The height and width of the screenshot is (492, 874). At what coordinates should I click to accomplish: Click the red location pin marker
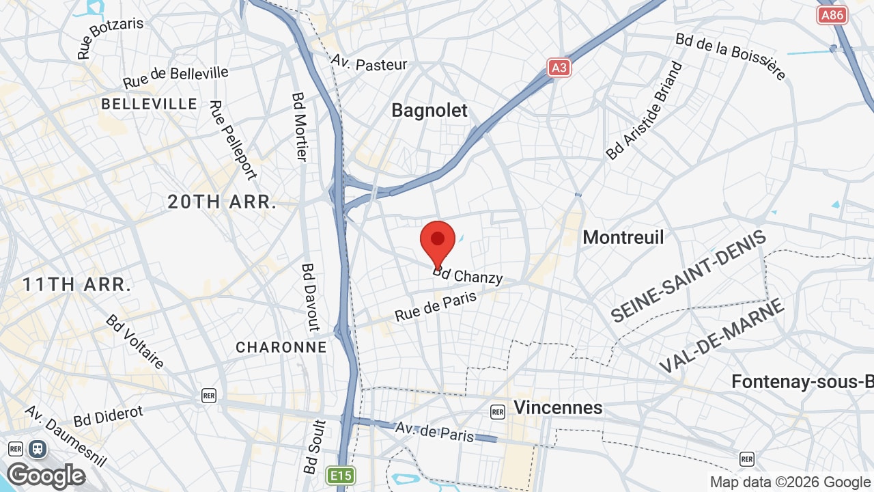pos(438,241)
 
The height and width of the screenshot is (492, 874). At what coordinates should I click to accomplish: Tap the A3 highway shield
pos(559,67)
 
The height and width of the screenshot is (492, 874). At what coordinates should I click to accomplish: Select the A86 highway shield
pos(832,15)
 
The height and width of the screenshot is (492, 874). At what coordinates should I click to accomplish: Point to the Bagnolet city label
pos(429,111)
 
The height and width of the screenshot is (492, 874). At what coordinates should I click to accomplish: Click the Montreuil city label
pos(623,237)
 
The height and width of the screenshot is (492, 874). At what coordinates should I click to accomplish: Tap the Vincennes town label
pos(558,408)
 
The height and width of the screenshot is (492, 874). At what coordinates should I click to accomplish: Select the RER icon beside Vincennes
pos(498,411)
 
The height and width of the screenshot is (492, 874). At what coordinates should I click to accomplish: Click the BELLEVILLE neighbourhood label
pos(150,104)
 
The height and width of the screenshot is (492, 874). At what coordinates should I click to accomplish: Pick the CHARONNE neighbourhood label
pos(281,347)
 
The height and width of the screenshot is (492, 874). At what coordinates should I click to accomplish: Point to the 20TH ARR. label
pos(222,202)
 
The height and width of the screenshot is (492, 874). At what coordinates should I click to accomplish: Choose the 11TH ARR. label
pos(76,285)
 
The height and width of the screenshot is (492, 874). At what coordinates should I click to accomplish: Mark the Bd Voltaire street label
pos(135,342)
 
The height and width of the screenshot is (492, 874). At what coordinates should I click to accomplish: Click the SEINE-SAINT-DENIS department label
pos(688,277)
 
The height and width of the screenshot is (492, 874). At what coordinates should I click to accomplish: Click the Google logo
pos(46,475)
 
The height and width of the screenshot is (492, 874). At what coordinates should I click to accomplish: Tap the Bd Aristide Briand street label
pos(644,111)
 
